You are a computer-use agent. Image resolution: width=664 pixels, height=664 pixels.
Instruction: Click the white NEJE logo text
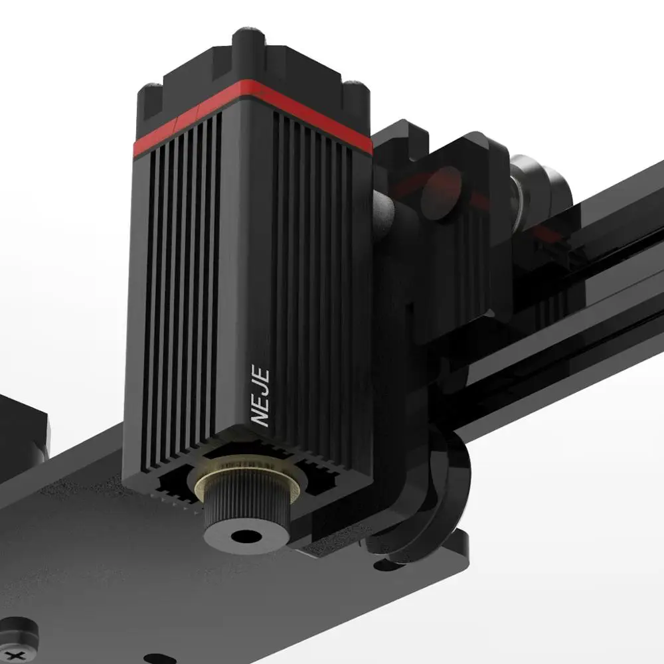pyautogui.click(x=260, y=395)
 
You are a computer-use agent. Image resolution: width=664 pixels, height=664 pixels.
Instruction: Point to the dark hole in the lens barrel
pyautogui.click(x=246, y=537)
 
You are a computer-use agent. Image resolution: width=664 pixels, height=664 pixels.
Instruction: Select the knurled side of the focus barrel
pyautogui.click(x=247, y=506)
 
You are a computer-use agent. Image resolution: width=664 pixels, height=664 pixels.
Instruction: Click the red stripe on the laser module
pyautogui.click(x=252, y=114)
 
